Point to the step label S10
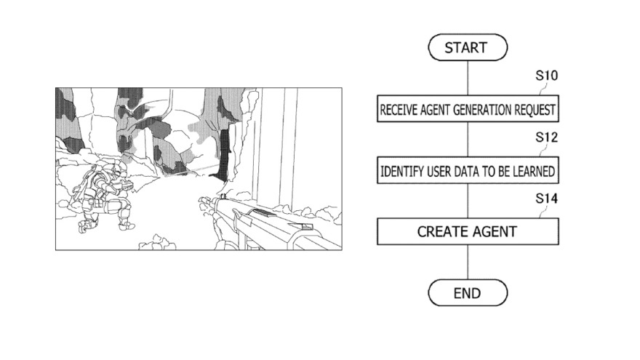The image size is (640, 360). pyautogui.click(x=546, y=76)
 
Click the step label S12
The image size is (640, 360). pyautogui.click(x=546, y=137)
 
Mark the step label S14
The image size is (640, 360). pyautogui.click(x=546, y=199)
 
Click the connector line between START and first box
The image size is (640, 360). pyautogui.click(x=468, y=78)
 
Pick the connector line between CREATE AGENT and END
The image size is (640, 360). pyautogui.click(x=468, y=262)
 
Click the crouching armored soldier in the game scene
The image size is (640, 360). pyautogui.click(x=102, y=196)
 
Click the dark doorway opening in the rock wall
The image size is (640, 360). pyautogui.click(x=222, y=156)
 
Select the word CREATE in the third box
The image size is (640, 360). pyautogui.click(x=440, y=232)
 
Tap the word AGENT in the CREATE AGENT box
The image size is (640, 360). pyautogui.click(x=492, y=232)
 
